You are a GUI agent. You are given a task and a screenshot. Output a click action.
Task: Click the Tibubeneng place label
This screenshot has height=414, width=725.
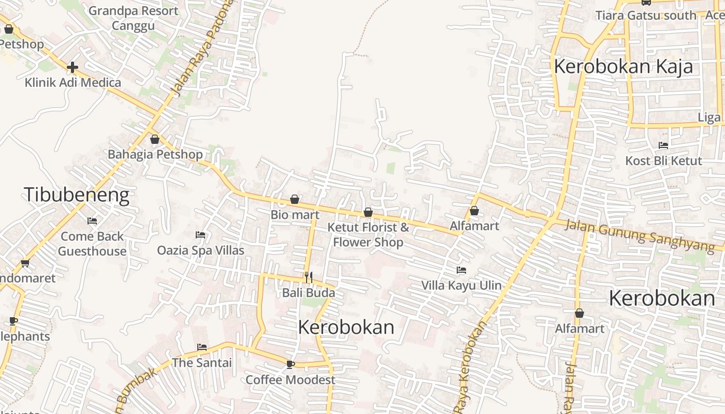click(77, 195)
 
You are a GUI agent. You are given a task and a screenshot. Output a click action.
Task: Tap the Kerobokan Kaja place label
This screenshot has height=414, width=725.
click(624, 67)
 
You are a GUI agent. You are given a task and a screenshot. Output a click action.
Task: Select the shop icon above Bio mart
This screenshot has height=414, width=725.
click(295, 199)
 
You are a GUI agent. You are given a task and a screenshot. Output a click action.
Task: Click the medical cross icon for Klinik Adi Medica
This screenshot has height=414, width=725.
click(72, 67)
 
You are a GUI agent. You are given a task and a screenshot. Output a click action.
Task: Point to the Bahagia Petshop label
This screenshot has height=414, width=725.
click(155, 154)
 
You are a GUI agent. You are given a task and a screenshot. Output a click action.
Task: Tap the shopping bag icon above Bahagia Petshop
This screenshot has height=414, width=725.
click(154, 139)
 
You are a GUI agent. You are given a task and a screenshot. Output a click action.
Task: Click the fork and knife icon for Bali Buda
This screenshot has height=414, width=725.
click(309, 277)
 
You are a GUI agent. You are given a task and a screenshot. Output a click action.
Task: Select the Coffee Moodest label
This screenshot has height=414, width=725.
click(291, 380)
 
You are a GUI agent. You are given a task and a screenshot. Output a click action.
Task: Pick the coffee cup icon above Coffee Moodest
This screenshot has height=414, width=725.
click(290, 364)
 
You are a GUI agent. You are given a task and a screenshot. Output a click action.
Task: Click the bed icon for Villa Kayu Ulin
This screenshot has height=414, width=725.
click(461, 270)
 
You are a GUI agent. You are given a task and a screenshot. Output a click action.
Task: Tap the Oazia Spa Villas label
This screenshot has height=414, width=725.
click(201, 250)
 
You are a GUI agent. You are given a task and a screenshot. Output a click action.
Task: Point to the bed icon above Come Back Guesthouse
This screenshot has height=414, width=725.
click(92, 221)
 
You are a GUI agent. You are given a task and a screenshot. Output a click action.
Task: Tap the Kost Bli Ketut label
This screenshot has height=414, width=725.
click(663, 160)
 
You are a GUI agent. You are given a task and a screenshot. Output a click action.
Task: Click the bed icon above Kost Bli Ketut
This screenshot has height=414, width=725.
click(663, 145)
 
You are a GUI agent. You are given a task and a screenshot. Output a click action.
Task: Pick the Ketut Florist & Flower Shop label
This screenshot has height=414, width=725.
click(368, 234)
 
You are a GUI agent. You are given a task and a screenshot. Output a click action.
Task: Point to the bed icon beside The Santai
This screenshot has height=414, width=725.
click(202, 347)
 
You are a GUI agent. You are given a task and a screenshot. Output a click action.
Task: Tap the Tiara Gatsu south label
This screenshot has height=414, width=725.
click(646, 16)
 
